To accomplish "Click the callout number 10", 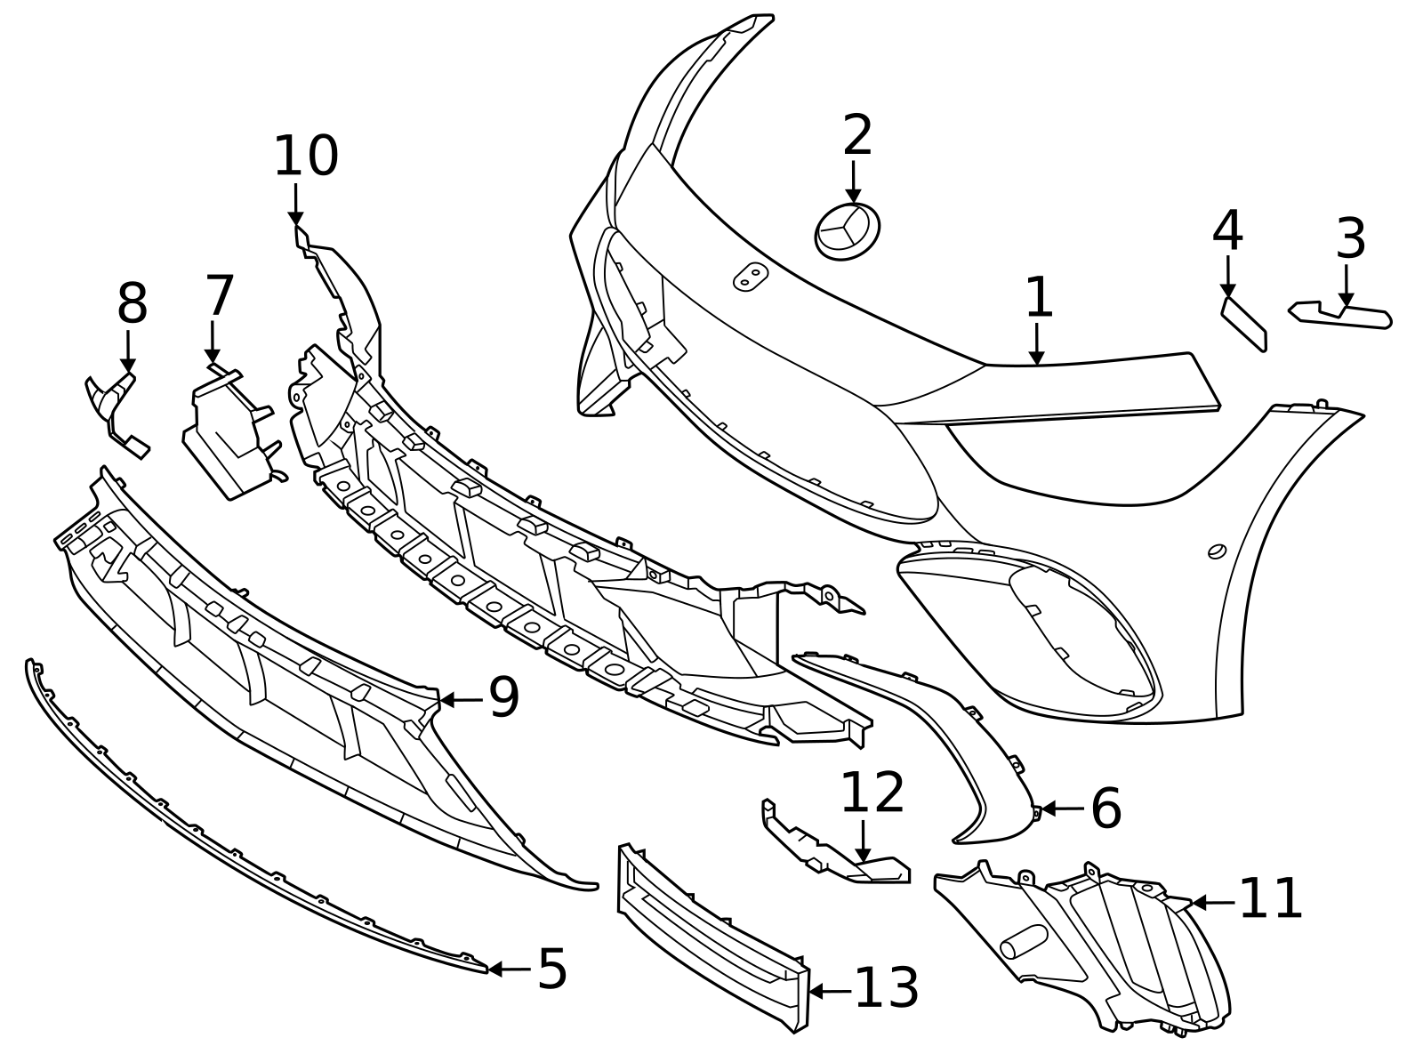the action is pos(306,157).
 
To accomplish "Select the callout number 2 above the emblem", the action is pos(857,134).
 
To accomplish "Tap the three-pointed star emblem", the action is pos(848,231).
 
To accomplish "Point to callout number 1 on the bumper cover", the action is pos(1039,297).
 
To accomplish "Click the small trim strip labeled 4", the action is pos(1244,324).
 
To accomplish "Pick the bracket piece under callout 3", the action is pos(1340,315).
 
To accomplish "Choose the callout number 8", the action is pos(133,304).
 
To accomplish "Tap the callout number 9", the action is pos(503,697).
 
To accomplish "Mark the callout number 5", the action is pos(552,970).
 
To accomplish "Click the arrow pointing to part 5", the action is pos(509,970).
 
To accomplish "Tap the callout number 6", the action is pos(1106,809).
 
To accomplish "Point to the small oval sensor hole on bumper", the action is pos(1217,551).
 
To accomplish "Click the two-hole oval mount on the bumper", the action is pos(751,277).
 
